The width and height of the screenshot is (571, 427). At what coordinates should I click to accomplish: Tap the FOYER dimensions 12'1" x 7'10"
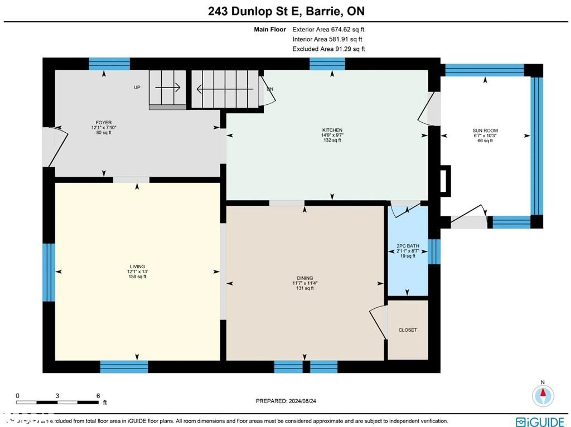(104, 128)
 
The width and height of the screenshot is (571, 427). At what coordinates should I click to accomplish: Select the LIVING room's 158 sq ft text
(137, 277)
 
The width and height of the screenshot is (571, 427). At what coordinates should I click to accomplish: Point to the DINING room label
(305, 278)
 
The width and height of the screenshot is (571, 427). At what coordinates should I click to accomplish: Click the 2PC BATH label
(408, 246)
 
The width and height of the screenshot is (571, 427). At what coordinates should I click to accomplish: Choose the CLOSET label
(408, 330)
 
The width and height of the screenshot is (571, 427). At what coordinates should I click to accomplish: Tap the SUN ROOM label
(485, 130)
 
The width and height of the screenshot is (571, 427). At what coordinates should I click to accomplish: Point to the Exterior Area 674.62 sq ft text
(328, 29)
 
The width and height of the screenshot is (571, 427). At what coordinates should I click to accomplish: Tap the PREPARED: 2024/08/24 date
(286, 401)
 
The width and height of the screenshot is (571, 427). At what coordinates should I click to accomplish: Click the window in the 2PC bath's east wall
(434, 252)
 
